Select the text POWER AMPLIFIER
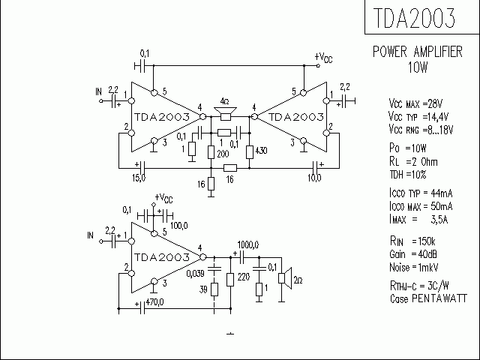pyautogui.click(x=418, y=52)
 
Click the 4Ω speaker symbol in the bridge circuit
pyautogui.click(x=226, y=112)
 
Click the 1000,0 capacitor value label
pyautogui.click(x=247, y=245)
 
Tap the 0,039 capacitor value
pyautogui.click(x=194, y=274)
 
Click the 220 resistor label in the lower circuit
pyautogui.click(x=242, y=277)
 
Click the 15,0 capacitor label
pyautogui.click(x=139, y=178)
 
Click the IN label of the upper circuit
pyautogui.click(x=98, y=92)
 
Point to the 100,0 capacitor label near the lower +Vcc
pyautogui.click(x=178, y=224)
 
